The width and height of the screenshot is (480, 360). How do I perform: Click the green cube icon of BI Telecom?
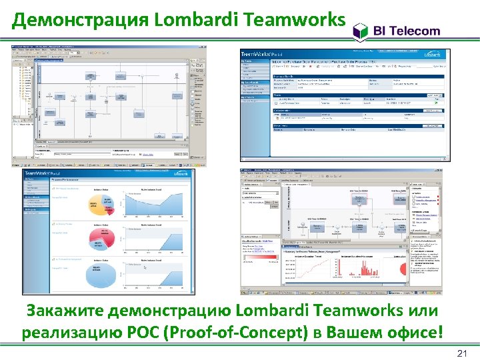[360, 30]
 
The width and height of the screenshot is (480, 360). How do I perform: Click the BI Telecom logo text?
[407, 31]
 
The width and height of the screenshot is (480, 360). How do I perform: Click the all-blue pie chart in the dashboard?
[97, 272]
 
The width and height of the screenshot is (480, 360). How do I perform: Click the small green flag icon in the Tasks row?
[435, 103]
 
